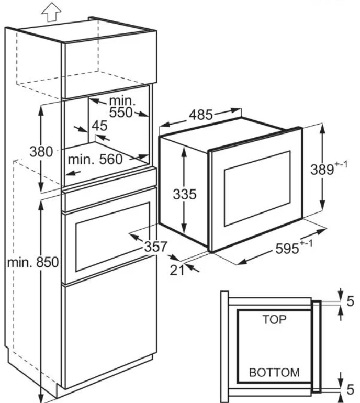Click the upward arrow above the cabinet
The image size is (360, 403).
click(x=51, y=12)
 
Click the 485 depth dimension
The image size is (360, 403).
click(x=201, y=115)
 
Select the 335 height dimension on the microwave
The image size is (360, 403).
click(x=185, y=194)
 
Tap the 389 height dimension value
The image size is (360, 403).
click(x=322, y=170)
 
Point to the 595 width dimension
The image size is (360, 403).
click(x=287, y=249)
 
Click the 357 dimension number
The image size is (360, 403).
click(x=156, y=247)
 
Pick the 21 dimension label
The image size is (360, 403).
click(x=177, y=271)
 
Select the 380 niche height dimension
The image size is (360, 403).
click(x=41, y=151)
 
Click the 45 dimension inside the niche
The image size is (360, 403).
click(x=99, y=126)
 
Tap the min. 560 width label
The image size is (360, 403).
click(x=95, y=160)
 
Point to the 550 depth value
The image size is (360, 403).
click(x=121, y=113)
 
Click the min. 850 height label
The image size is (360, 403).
click(x=33, y=263)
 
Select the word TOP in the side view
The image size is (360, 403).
click(x=274, y=319)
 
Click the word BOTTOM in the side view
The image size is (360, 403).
click(x=274, y=373)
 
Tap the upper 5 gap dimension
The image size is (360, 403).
click(x=350, y=301)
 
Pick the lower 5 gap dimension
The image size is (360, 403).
click(x=350, y=389)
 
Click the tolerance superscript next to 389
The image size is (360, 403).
click(x=341, y=164)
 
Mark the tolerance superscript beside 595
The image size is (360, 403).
click(x=306, y=243)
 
